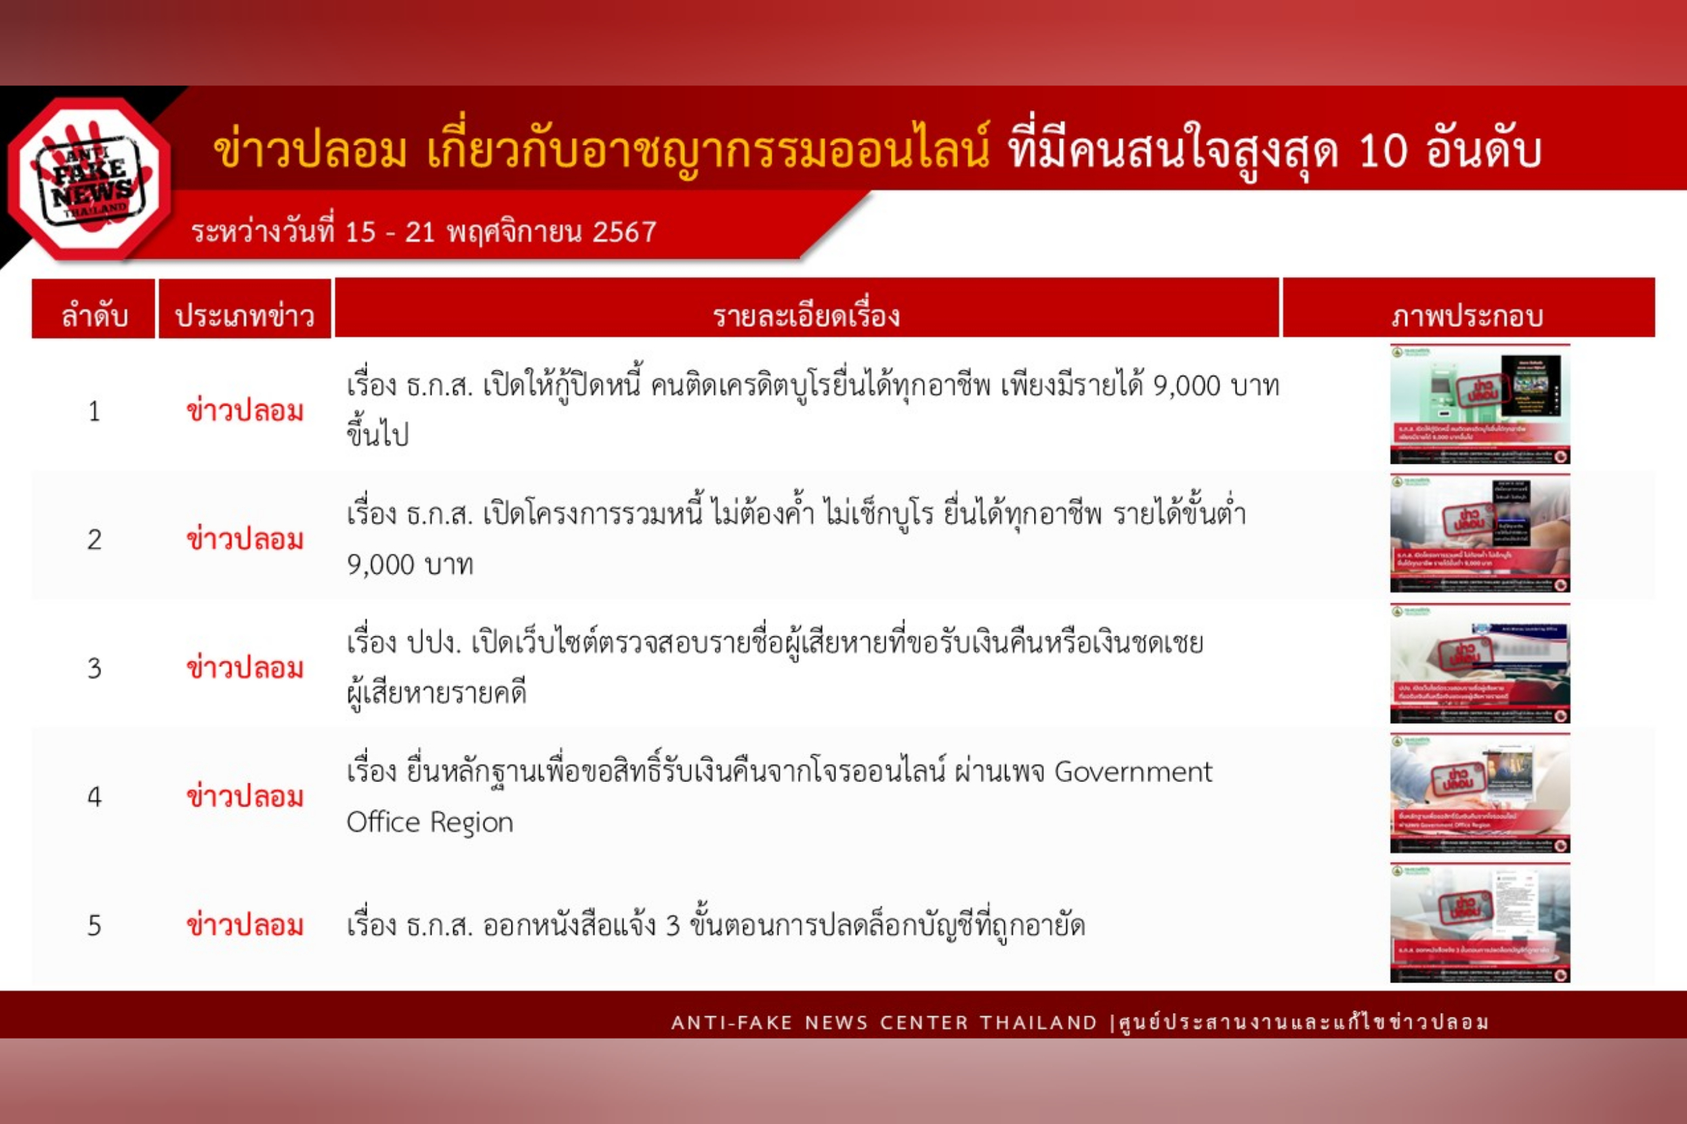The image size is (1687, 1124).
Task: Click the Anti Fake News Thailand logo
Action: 90,179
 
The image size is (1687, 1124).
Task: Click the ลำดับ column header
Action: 94,316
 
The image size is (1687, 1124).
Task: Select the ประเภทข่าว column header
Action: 245,316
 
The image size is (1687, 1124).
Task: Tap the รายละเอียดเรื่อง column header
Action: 806,316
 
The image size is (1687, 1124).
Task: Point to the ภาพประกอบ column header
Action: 1467,316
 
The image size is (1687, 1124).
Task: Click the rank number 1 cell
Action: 94,412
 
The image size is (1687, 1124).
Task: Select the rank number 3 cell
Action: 94,669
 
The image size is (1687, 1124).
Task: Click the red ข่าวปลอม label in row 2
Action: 245,540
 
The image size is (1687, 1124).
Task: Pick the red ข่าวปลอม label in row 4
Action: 245,797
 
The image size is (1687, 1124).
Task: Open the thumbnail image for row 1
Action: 1480,404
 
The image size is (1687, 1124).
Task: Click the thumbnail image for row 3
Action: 1480,664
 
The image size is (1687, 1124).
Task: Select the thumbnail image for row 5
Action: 1480,924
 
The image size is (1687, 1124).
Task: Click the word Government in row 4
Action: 1133,772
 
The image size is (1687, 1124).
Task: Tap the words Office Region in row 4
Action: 430,822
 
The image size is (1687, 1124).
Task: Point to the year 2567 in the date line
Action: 624,232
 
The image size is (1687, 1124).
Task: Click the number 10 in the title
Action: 1381,152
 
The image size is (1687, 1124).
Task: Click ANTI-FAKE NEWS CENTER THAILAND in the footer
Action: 883,1023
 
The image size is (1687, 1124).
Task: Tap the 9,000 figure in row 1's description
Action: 1186,387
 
